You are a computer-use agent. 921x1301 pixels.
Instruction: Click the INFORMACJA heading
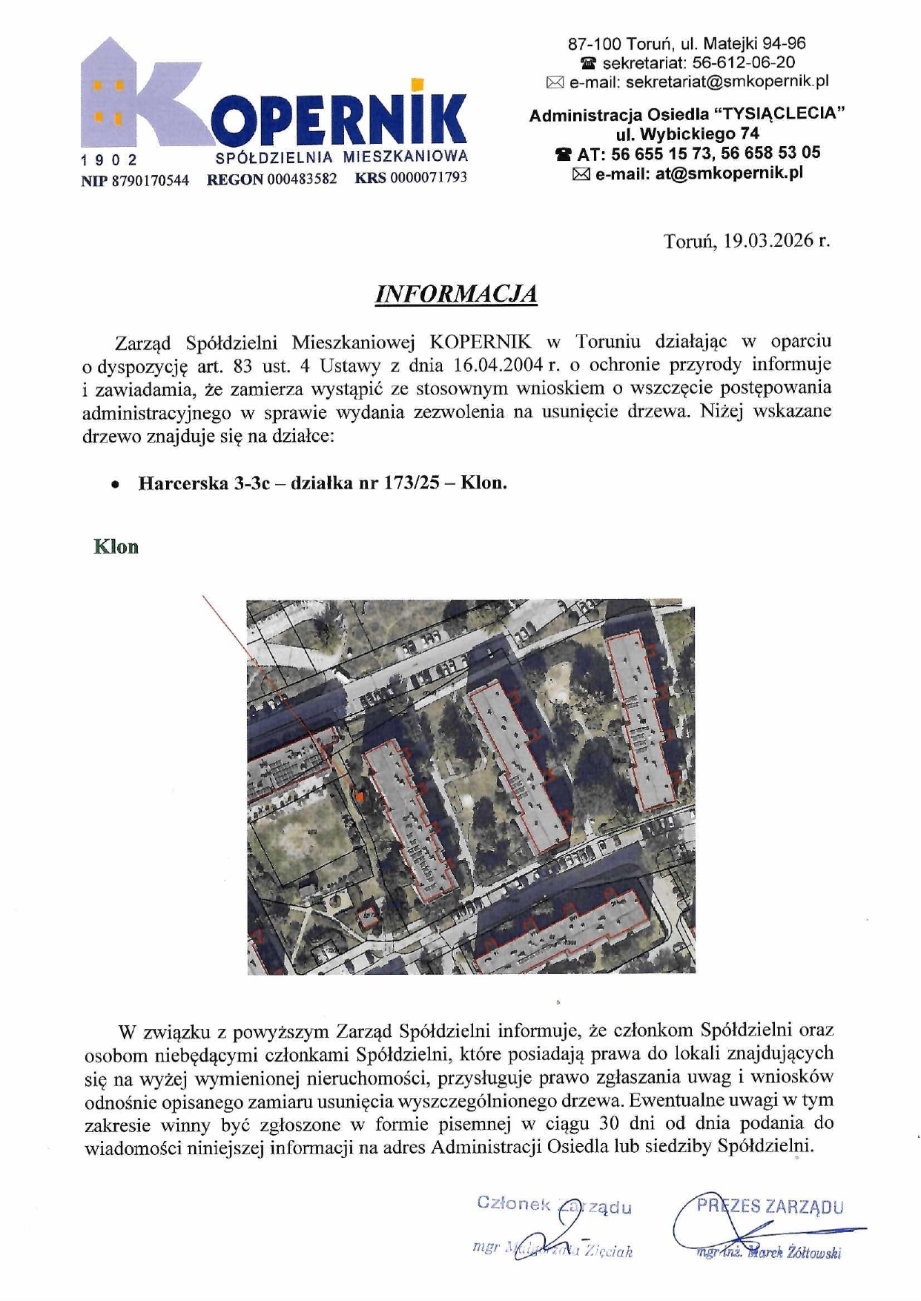[455, 294]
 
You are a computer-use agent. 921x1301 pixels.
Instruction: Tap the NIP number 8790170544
[151, 179]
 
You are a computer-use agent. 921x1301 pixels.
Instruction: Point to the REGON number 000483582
[302, 179]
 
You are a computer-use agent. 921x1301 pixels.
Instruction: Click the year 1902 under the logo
[110, 160]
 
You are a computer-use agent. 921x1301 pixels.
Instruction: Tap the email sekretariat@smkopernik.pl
[727, 82]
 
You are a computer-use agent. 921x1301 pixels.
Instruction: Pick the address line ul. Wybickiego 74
[687, 134]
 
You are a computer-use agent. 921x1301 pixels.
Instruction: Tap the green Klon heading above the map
[116, 547]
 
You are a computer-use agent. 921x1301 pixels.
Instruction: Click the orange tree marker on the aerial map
[360, 796]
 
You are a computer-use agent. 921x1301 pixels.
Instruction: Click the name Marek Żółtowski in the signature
[793, 1253]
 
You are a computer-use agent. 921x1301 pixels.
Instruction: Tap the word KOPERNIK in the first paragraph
[481, 342]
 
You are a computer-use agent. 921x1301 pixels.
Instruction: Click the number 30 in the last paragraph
[609, 1123]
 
